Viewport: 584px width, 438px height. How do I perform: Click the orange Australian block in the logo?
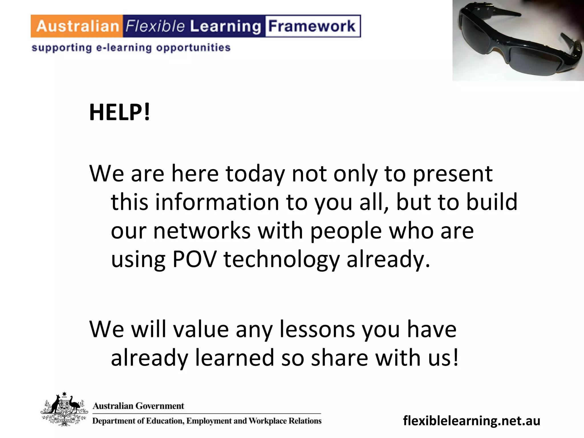(77, 26)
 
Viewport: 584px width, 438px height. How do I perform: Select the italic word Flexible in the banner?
(155, 26)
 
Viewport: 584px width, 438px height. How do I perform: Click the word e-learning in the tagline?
(124, 48)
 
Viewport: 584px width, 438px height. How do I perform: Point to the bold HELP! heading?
(119, 112)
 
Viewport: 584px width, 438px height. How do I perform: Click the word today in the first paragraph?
(255, 174)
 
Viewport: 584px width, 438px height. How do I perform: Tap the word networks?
(202, 231)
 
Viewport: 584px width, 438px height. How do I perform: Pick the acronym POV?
(194, 259)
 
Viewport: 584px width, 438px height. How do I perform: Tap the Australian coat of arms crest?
(64, 409)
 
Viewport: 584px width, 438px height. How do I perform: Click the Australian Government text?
(138, 406)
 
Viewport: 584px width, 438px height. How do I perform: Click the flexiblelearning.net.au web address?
(472, 421)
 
